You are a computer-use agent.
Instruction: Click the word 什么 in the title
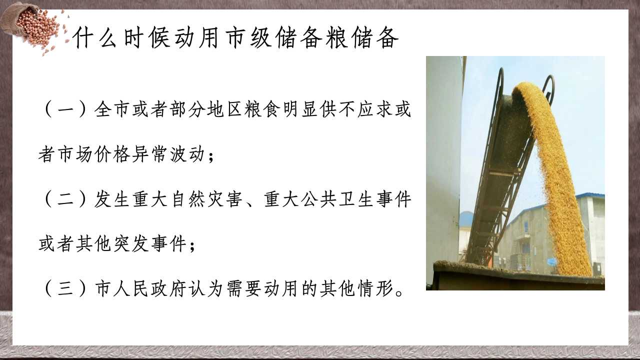click(95, 37)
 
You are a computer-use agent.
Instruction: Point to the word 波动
click(187, 154)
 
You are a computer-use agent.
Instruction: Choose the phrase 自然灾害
click(207, 199)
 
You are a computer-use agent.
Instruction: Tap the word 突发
click(131, 244)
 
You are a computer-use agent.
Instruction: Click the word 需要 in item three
click(244, 289)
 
